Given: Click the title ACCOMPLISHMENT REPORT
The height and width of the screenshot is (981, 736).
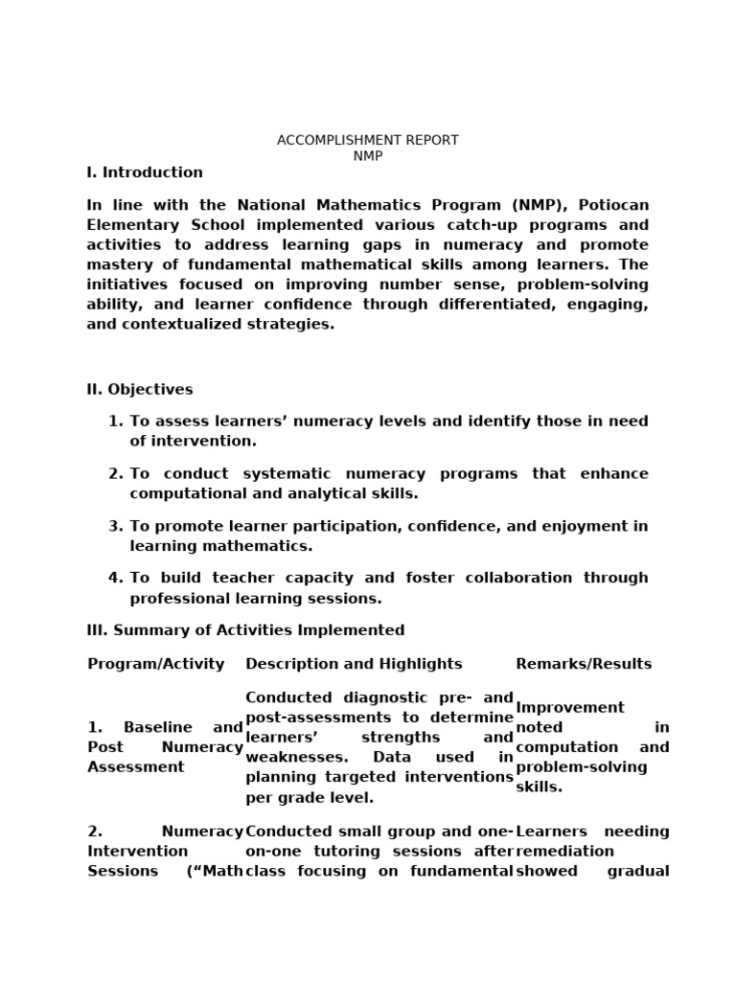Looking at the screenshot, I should (367, 140).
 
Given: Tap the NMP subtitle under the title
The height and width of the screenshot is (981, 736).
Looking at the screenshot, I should (367, 156).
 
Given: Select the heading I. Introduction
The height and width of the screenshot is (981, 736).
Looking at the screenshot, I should (145, 172).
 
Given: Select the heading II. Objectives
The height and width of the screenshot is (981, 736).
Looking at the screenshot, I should (140, 390).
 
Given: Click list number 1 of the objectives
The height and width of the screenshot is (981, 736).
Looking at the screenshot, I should (115, 422).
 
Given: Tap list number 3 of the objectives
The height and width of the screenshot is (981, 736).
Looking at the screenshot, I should (115, 526).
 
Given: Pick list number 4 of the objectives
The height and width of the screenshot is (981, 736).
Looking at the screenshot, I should (115, 578).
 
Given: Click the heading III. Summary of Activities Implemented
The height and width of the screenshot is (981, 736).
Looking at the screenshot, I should (245, 630).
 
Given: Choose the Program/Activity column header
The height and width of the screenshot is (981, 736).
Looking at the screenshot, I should (155, 664).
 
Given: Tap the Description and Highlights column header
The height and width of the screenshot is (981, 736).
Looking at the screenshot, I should (354, 664).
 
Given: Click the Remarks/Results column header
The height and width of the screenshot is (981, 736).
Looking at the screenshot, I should (584, 664).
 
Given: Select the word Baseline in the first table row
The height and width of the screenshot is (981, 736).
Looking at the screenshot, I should (158, 728).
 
